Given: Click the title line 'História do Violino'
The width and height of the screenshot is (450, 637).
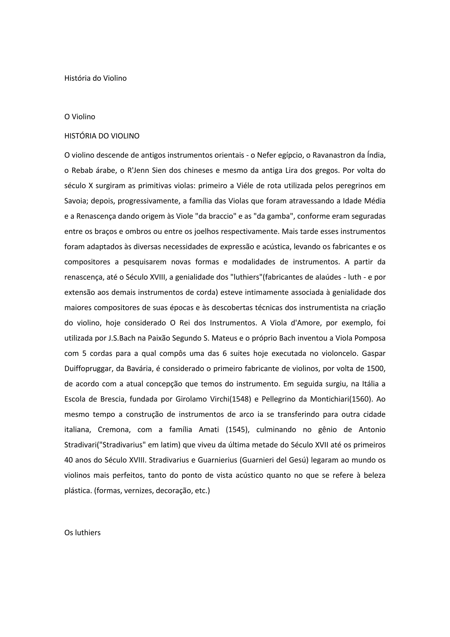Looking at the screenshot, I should pyautogui.click(x=95, y=78).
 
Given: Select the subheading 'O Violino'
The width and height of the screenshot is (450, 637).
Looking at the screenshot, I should pyautogui.click(x=80, y=117).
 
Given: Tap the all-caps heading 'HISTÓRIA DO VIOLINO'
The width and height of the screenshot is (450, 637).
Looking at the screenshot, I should pyautogui.click(x=102, y=136).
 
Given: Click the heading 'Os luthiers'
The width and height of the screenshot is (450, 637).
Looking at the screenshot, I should pyautogui.click(x=82, y=533).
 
